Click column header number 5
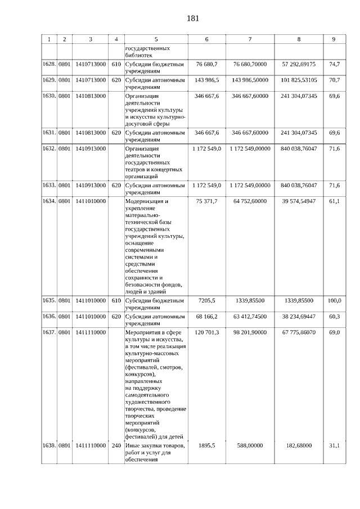point(156,39)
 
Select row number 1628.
point(49,65)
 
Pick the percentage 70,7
point(334,80)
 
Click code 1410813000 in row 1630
point(90,96)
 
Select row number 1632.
point(49,148)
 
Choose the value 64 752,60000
point(249,201)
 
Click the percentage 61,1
point(334,201)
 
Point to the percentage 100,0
point(334,301)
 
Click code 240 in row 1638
point(116,445)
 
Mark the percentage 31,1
point(334,445)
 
